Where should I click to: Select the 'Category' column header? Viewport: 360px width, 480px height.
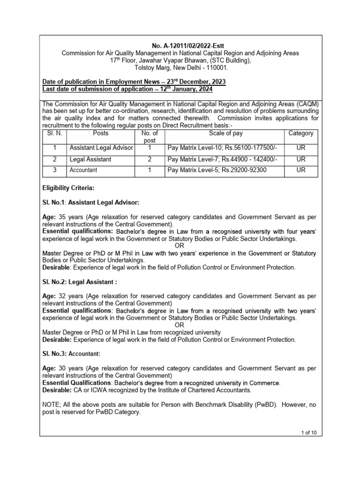point(300,134)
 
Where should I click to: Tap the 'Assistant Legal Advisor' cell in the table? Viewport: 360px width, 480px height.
point(101,148)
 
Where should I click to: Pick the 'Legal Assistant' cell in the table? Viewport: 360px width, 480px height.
point(90,159)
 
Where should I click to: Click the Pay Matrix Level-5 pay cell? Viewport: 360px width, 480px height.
point(217,170)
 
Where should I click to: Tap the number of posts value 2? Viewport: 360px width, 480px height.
point(149,159)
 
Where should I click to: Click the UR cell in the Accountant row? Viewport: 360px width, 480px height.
point(300,170)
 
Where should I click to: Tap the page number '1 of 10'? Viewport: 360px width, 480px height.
point(309,433)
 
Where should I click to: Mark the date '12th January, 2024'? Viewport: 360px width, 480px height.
point(180,89)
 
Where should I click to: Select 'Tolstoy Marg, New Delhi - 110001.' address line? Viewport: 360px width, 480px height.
point(180,67)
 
